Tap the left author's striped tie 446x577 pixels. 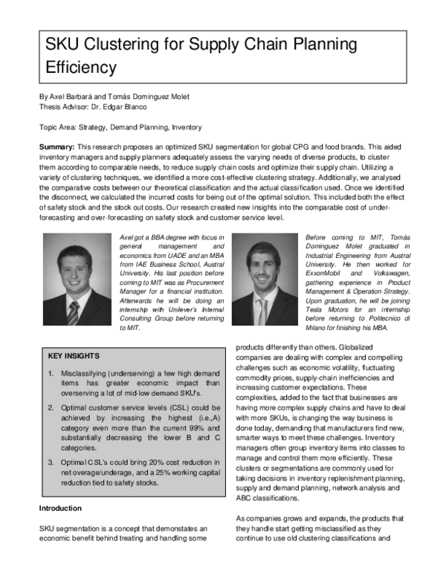point(74,313)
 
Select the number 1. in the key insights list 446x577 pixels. point(51,373)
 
